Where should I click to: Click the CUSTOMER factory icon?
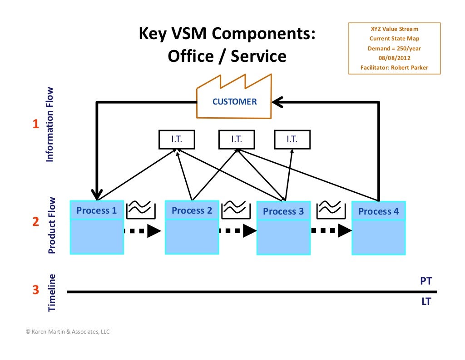tap(234, 101)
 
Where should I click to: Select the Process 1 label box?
tap(96, 210)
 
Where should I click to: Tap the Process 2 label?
tap(192, 210)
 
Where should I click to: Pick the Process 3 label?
tap(283, 211)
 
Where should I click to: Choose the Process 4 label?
tap(378, 211)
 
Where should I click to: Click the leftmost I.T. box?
tap(176, 140)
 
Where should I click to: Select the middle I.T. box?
tap(236, 140)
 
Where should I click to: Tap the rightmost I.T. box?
tap(292, 140)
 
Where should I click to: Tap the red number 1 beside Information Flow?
tap(35, 125)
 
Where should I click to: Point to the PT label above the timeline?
tap(425, 281)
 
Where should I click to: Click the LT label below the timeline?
tap(425, 301)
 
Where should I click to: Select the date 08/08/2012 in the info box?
tap(394, 58)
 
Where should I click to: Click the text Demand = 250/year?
tap(394, 49)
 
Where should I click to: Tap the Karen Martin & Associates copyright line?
tap(68, 332)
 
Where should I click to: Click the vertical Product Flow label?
tap(52, 225)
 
